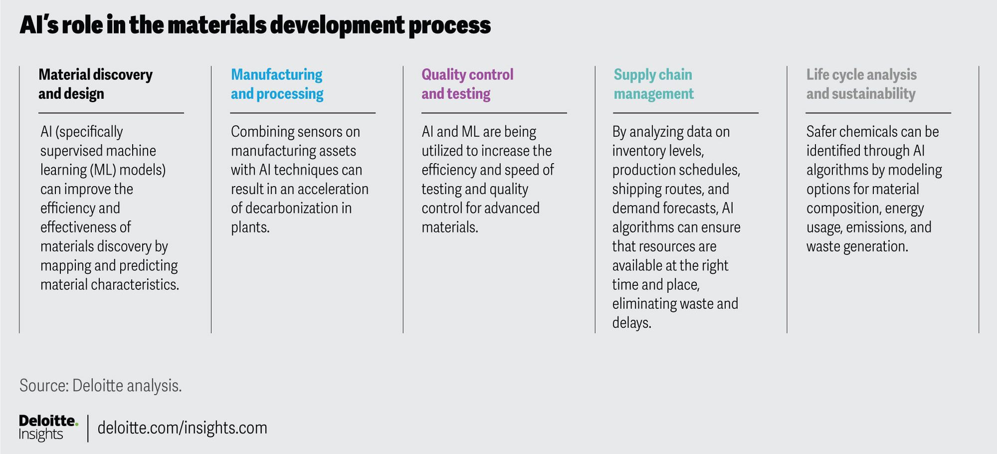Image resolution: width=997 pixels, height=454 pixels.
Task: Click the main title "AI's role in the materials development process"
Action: pos(255,25)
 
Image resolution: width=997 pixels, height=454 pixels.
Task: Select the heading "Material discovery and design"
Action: pos(96,84)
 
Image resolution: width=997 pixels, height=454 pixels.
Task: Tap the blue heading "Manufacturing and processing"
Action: pos(277,84)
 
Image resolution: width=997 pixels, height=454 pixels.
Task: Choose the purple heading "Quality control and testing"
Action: pos(468,84)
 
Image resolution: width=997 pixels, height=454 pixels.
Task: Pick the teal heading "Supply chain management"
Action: pos(654,84)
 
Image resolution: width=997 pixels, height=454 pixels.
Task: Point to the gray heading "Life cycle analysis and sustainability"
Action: pos(861,84)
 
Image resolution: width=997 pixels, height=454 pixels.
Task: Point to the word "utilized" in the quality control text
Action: pos(442,151)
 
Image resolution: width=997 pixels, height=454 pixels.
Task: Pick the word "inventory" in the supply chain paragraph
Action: pos(640,151)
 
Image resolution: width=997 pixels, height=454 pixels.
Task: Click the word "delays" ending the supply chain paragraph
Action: pos(630,323)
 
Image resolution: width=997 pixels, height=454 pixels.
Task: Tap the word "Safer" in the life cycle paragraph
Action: pos(822,132)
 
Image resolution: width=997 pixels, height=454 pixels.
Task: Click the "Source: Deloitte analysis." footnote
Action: pos(101,386)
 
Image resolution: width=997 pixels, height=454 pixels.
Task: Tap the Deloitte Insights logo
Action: pos(48,428)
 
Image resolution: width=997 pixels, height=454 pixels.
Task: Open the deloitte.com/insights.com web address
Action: pos(182,428)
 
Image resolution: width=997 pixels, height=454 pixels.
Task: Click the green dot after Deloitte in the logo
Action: pos(76,425)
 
